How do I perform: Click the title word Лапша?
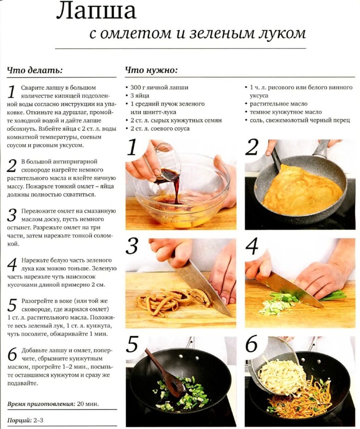click(96, 11)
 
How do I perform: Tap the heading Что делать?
click(35, 70)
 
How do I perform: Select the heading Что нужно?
click(151, 70)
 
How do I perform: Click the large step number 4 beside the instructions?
click(12, 264)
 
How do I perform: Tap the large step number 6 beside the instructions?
click(12, 355)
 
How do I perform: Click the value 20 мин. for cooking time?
click(88, 404)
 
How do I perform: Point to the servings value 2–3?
click(39, 420)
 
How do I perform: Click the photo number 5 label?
click(132, 344)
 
